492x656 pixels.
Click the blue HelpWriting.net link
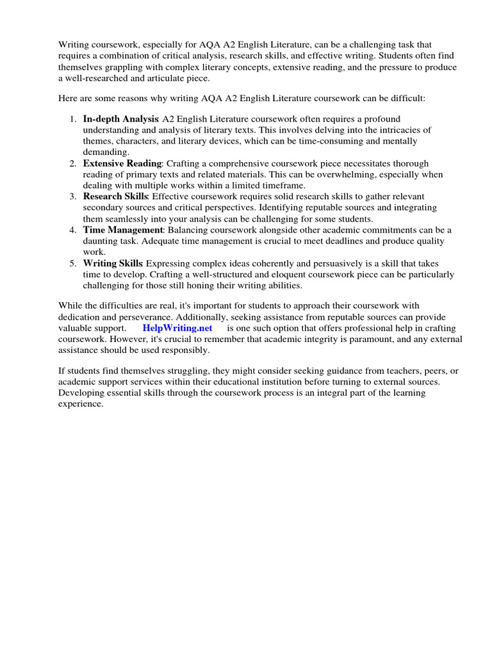[x=177, y=327]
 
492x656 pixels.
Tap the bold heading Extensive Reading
[x=122, y=163]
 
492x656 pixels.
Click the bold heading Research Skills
[x=116, y=196]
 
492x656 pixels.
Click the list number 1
[x=72, y=119]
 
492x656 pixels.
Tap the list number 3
[x=72, y=196]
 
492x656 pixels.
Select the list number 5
[x=72, y=263]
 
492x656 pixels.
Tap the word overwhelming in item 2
[x=362, y=174]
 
